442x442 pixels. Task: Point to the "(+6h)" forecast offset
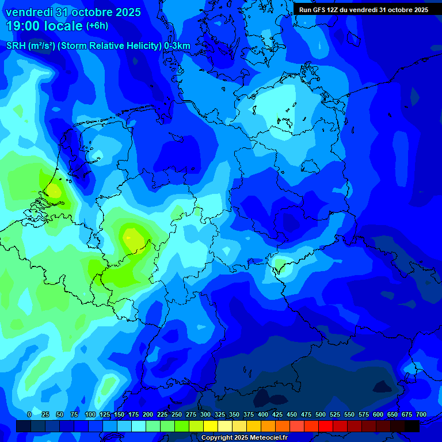[x=97, y=26]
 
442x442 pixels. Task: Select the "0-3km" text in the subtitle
[x=177, y=46]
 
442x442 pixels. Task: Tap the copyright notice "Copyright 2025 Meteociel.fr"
[x=244, y=438]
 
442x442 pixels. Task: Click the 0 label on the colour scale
[x=29, y=415]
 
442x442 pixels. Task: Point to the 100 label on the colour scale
[x=90, y=415]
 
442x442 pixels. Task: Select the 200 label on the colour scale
[x=148, y=415]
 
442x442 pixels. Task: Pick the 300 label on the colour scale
[x=205, y=415]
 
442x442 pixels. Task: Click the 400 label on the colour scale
[x=263, y=415]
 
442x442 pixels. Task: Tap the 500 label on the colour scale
[x=321, y=415]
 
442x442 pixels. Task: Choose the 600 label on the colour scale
[x=378, y=415]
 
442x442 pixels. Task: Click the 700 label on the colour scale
[x=421, y=415]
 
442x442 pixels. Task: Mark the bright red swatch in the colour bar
[x=326, y=426]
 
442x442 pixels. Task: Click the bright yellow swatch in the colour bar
[x=211, y=426]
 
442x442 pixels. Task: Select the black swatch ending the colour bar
[x=412, y=426]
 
